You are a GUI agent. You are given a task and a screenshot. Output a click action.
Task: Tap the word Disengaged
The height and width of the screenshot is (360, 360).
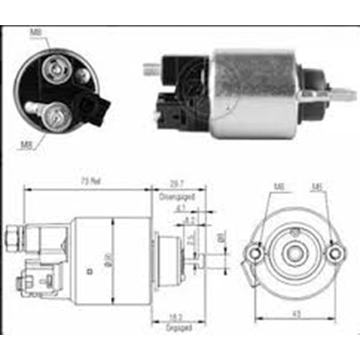coord(178,192)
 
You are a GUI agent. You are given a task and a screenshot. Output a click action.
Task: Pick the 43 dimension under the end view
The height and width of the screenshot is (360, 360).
coord(295,314)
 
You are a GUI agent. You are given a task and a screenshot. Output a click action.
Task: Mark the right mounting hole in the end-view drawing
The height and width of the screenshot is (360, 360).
coord(333,253)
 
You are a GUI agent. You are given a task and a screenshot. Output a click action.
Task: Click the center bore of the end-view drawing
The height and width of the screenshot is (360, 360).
coord(294,253)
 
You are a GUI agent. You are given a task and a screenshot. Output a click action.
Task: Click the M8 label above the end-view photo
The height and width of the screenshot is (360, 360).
coord(35,32)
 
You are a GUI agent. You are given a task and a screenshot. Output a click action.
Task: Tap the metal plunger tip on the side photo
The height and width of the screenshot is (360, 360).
coord(344,94)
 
